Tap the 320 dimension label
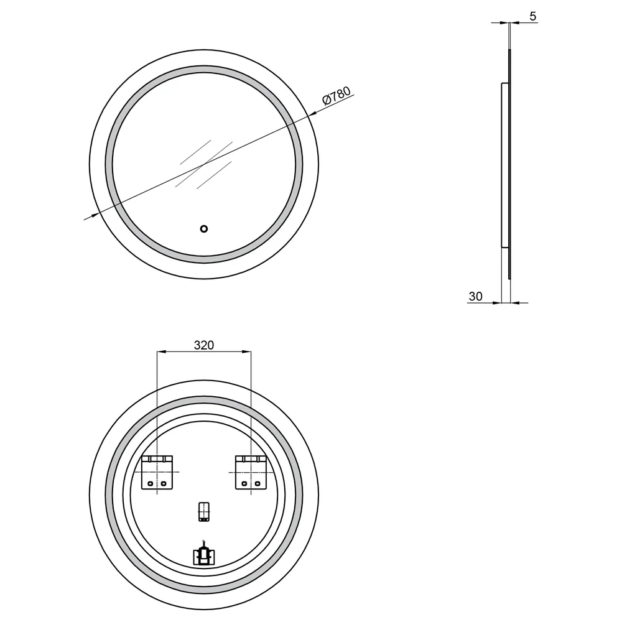[204, 345]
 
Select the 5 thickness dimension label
[533, 16]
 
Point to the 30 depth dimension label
[476, 296]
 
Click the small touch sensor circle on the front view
[204, 229]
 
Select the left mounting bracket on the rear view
[157, 473]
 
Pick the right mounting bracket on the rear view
[251, 473]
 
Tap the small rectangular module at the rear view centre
[204, 512]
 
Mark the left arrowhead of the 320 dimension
[161, 351]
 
